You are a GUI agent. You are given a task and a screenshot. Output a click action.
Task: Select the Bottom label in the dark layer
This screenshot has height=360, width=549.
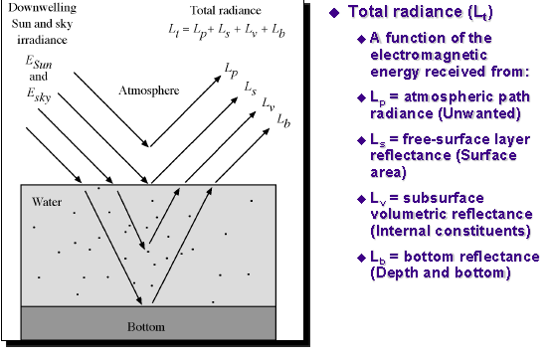146,326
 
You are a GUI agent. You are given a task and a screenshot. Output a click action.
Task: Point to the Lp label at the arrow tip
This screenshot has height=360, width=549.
233,74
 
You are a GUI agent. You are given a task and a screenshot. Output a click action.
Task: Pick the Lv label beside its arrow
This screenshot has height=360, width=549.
267,103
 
